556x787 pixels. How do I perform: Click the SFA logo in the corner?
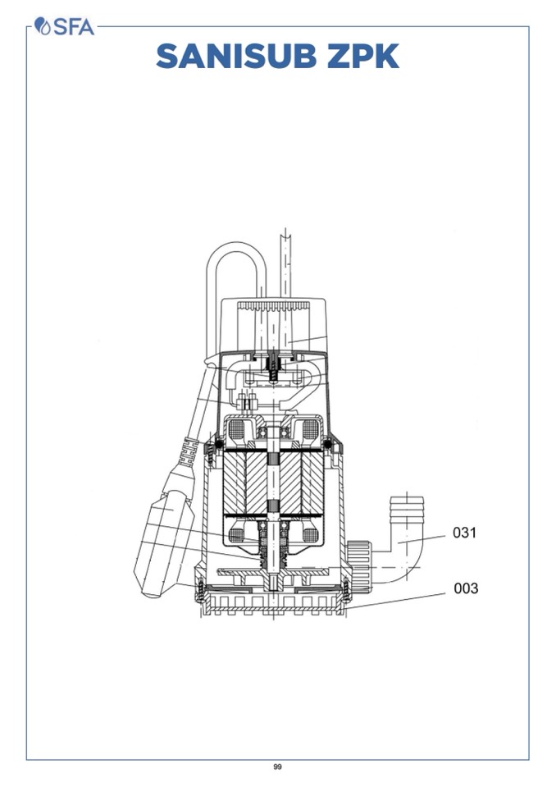pos(64,26)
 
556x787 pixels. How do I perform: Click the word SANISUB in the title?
pos(236,56)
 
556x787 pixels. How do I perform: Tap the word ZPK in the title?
pos(363,56)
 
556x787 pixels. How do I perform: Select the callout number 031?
pos(464,532)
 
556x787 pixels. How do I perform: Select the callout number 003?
pos(466,588)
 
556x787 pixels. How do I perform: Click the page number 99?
pos(278,766)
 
